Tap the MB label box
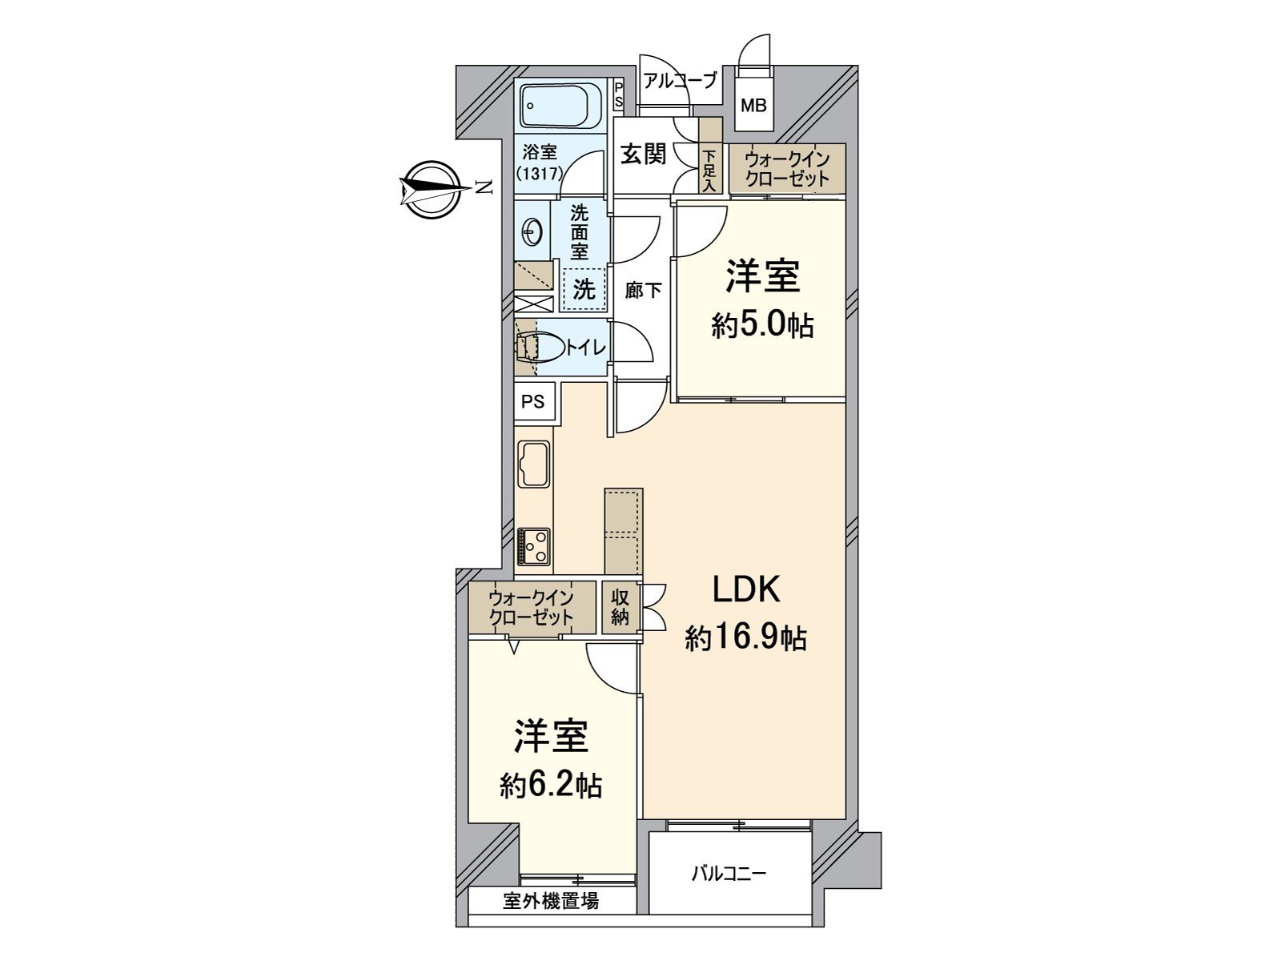click(x=753, y=105)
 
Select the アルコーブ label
click(x=680, y=81)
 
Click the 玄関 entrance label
click(x=644, y=154)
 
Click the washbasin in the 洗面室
click(x=532, y=233)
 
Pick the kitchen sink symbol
click(x=534, y=464)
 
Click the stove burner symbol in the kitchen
click(x=534, y=547)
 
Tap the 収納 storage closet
click(x=620, y=607)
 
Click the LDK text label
click(x=746, y=590)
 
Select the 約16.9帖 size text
click(x=745, y=638)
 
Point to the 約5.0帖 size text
click(x=762, y=325)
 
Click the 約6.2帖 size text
click(x=551, y=786)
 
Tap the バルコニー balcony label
click(x=729, y=873)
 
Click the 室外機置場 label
click(x=551, y=901)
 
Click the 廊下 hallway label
click(x=643, y=290)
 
